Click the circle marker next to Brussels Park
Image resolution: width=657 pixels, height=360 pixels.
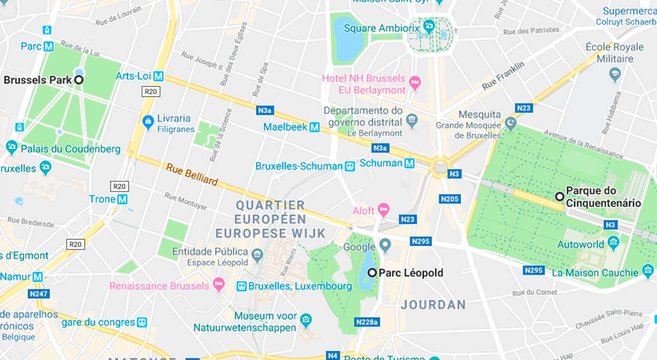(x=79, y=80)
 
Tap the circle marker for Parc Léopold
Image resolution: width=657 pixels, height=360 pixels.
(x=372, y=272)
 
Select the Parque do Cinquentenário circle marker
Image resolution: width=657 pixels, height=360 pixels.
(x=559, y=196)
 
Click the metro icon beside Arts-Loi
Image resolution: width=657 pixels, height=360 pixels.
(x=158, y=76)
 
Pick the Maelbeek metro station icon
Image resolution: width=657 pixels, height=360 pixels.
(x=314, y=127)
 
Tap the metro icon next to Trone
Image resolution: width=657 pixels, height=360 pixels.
(x=122, y=200)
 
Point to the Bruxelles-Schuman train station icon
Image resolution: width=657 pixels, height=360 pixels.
(x=350, y=166)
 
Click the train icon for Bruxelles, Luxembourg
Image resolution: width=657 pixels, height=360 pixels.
(x=241, y=286)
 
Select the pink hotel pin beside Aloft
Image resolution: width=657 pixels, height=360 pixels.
(x=384, y=209)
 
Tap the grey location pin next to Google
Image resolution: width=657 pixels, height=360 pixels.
(x=385, y=245)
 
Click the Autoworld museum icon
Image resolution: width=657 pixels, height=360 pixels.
(x=614, y=243)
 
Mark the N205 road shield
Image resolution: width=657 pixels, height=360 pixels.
(x=449, y=199)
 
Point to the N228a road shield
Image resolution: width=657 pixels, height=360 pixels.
(x=367, y=322)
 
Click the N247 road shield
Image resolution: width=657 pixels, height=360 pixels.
(x=38, y=294)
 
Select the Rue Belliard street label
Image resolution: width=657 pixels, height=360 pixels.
(x=192, y=174)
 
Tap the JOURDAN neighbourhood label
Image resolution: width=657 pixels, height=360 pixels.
(x=433, y=305)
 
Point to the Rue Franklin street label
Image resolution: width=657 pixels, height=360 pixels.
(x=503, y=76)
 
